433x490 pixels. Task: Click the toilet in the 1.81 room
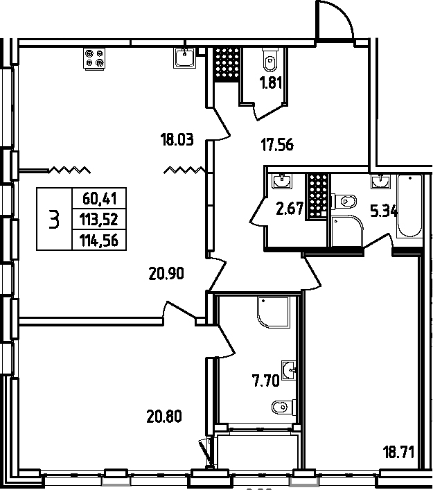[269, 62]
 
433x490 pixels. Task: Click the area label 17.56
[276, 146]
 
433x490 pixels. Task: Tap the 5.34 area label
[384, 211]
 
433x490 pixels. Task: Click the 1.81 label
[271, 86]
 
